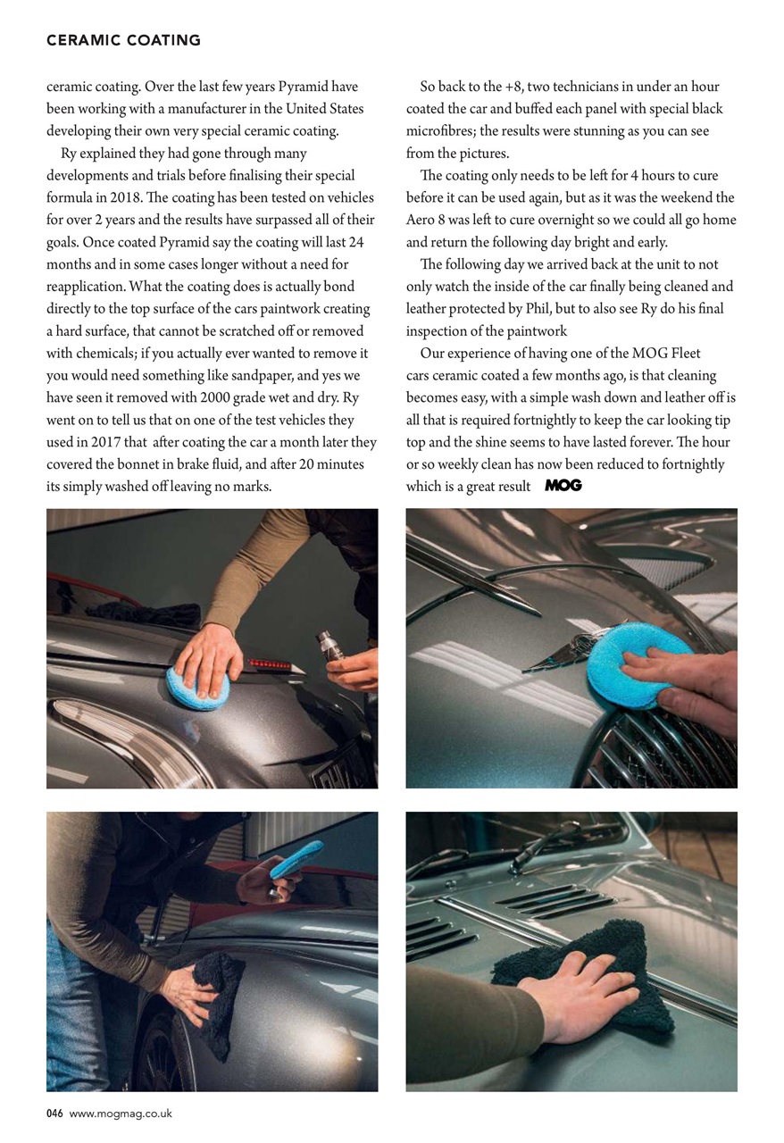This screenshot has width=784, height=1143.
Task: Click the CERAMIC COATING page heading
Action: click(123, 40)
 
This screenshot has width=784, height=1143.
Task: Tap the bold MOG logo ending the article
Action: click(563, 486)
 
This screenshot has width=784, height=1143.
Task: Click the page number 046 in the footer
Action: click(54, 1114)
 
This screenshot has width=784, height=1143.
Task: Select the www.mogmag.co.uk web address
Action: click(121, 1114)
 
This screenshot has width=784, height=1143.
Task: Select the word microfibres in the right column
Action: click(445, 131)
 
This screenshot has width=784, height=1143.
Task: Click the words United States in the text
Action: click(322, 109)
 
